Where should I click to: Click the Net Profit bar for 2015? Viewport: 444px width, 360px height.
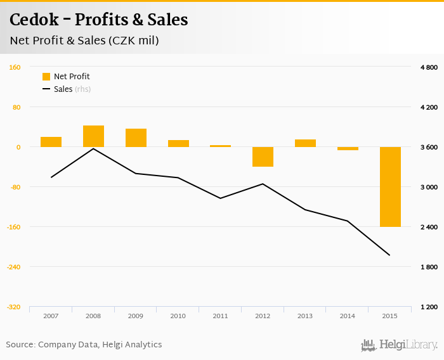389,186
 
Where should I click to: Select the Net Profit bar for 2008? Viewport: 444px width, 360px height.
93,136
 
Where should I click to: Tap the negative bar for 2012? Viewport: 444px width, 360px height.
263,157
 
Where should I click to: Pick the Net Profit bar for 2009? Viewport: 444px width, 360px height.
136,138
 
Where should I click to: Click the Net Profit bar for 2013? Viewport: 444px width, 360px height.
305,143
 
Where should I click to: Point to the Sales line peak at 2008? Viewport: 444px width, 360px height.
93,149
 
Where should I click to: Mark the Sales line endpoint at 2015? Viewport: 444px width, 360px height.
389,255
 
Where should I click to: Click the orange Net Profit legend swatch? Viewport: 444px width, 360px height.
46,77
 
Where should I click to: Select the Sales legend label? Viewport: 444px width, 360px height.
63,89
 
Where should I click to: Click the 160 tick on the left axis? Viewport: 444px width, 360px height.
15,67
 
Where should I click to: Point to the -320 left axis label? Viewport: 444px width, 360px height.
13,307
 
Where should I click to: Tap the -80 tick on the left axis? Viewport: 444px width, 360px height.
14,187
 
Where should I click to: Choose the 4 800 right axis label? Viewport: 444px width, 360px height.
429,67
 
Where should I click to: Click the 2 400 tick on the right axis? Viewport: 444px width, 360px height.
429,227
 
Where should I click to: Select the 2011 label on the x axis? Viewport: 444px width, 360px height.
220,315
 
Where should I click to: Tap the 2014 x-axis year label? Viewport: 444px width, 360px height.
347,315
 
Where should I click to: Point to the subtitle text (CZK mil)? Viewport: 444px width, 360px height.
133,41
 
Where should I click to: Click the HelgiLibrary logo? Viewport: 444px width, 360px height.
399,345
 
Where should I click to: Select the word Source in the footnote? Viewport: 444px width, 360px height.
20,344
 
